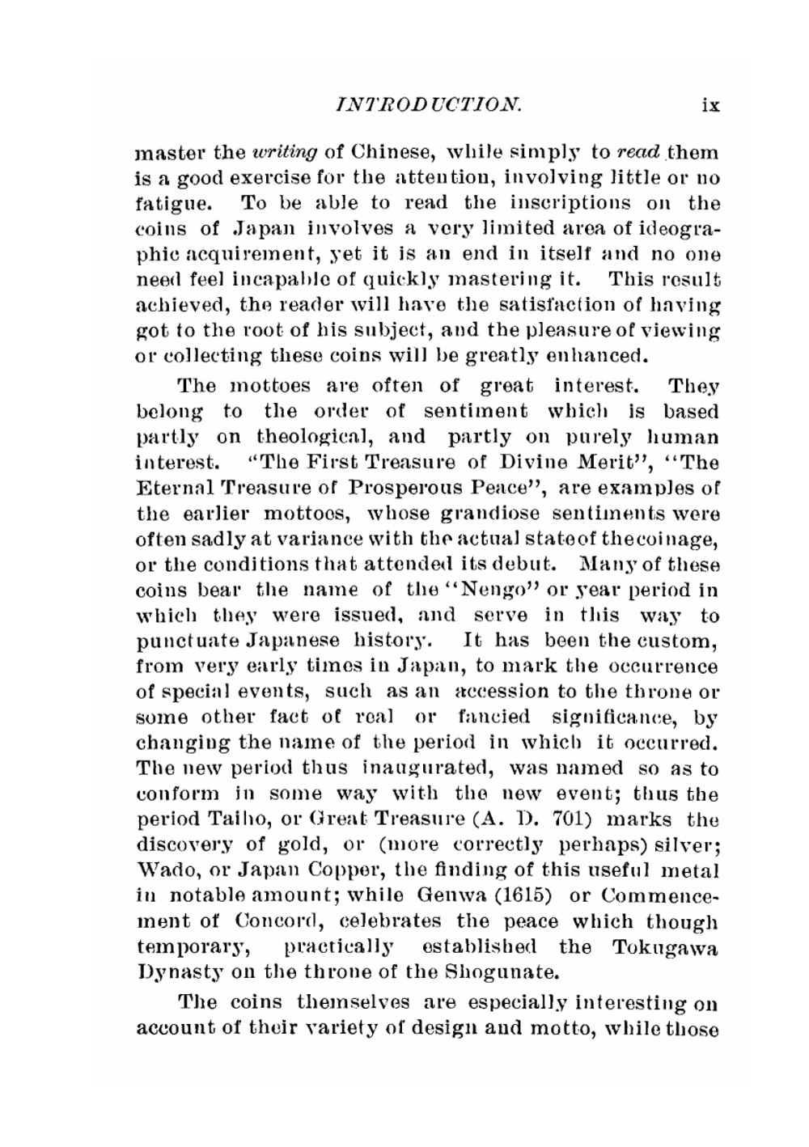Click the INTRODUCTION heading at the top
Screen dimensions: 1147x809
pos(428,104)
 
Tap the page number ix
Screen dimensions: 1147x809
pos(710,104)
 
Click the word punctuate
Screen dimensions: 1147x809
pos(174,641)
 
